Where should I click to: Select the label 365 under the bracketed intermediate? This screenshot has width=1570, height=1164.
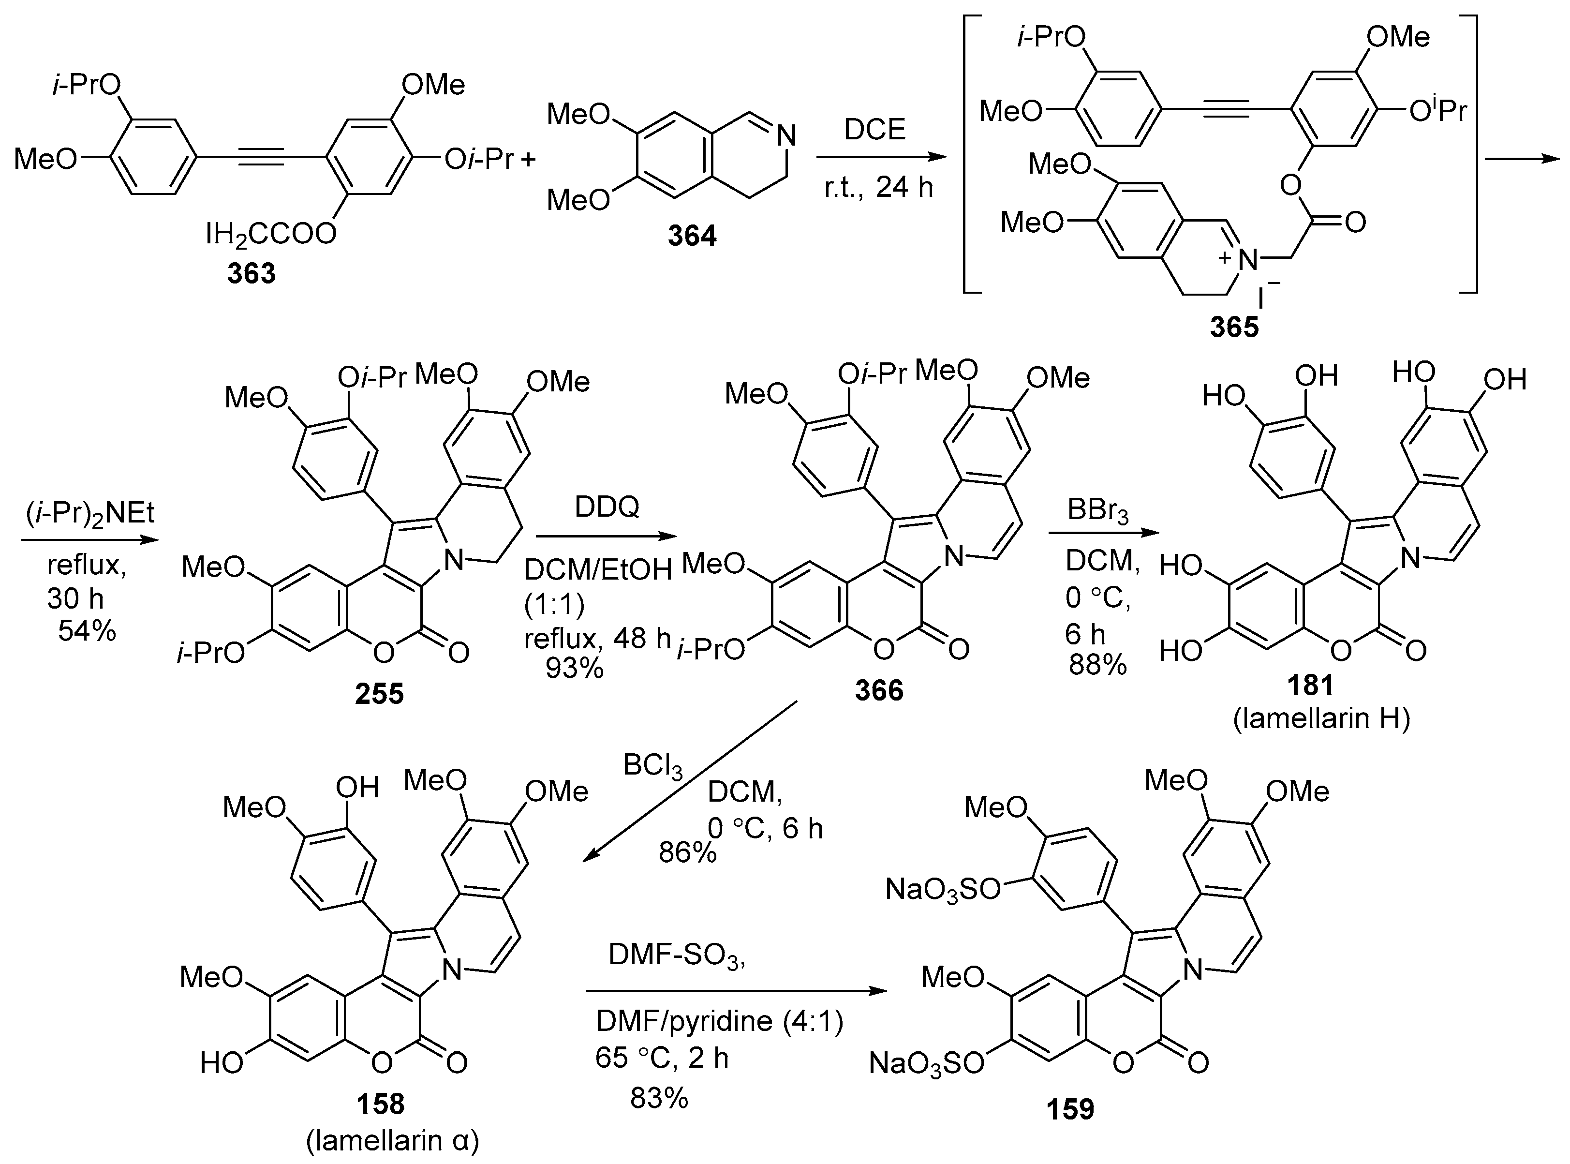tap(1234, 327)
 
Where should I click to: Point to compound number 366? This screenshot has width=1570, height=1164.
tap(879, 690)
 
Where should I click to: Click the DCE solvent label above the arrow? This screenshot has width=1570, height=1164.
tap(875, 130)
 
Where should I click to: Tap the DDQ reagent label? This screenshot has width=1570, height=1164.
tap(607, 507)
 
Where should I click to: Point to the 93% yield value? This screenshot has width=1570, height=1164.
tap(574, 667)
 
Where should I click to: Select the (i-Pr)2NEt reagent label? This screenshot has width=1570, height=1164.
tap(90, 513)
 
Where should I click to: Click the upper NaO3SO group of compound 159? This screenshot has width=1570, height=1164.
tap(942, 890)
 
